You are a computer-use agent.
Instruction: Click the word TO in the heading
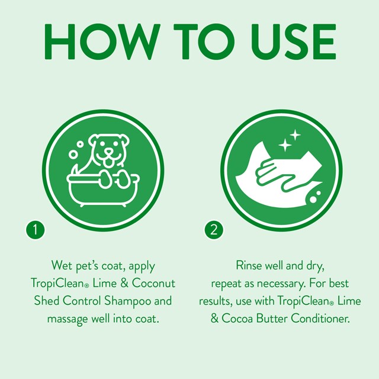click(x=190, y=41)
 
